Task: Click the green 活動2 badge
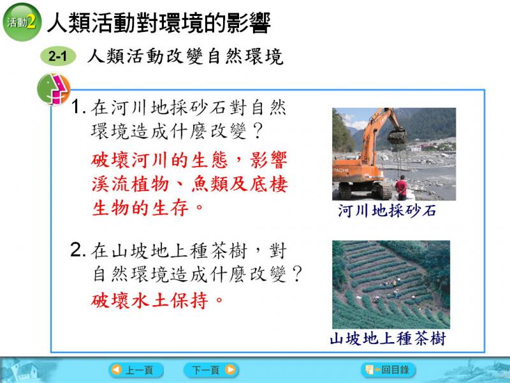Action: click(22, 22)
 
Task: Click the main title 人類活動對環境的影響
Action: click(159, 23)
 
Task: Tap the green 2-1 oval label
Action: click(58, 56)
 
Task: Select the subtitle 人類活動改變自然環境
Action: click(186, 56)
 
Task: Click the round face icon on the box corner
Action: click(54, 89)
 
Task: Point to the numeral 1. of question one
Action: click(78, 107)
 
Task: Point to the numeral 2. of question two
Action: click(78, 250)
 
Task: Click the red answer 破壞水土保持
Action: click(157, 300)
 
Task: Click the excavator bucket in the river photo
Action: click(397, 136)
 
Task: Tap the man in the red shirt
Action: click(402, 188)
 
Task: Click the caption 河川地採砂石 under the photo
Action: click(387, 211)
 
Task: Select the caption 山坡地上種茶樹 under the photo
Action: click(388, 338)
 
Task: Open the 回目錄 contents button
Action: click(388, 370)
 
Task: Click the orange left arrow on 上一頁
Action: click(116, 370)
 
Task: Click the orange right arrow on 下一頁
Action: click(230, 370)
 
